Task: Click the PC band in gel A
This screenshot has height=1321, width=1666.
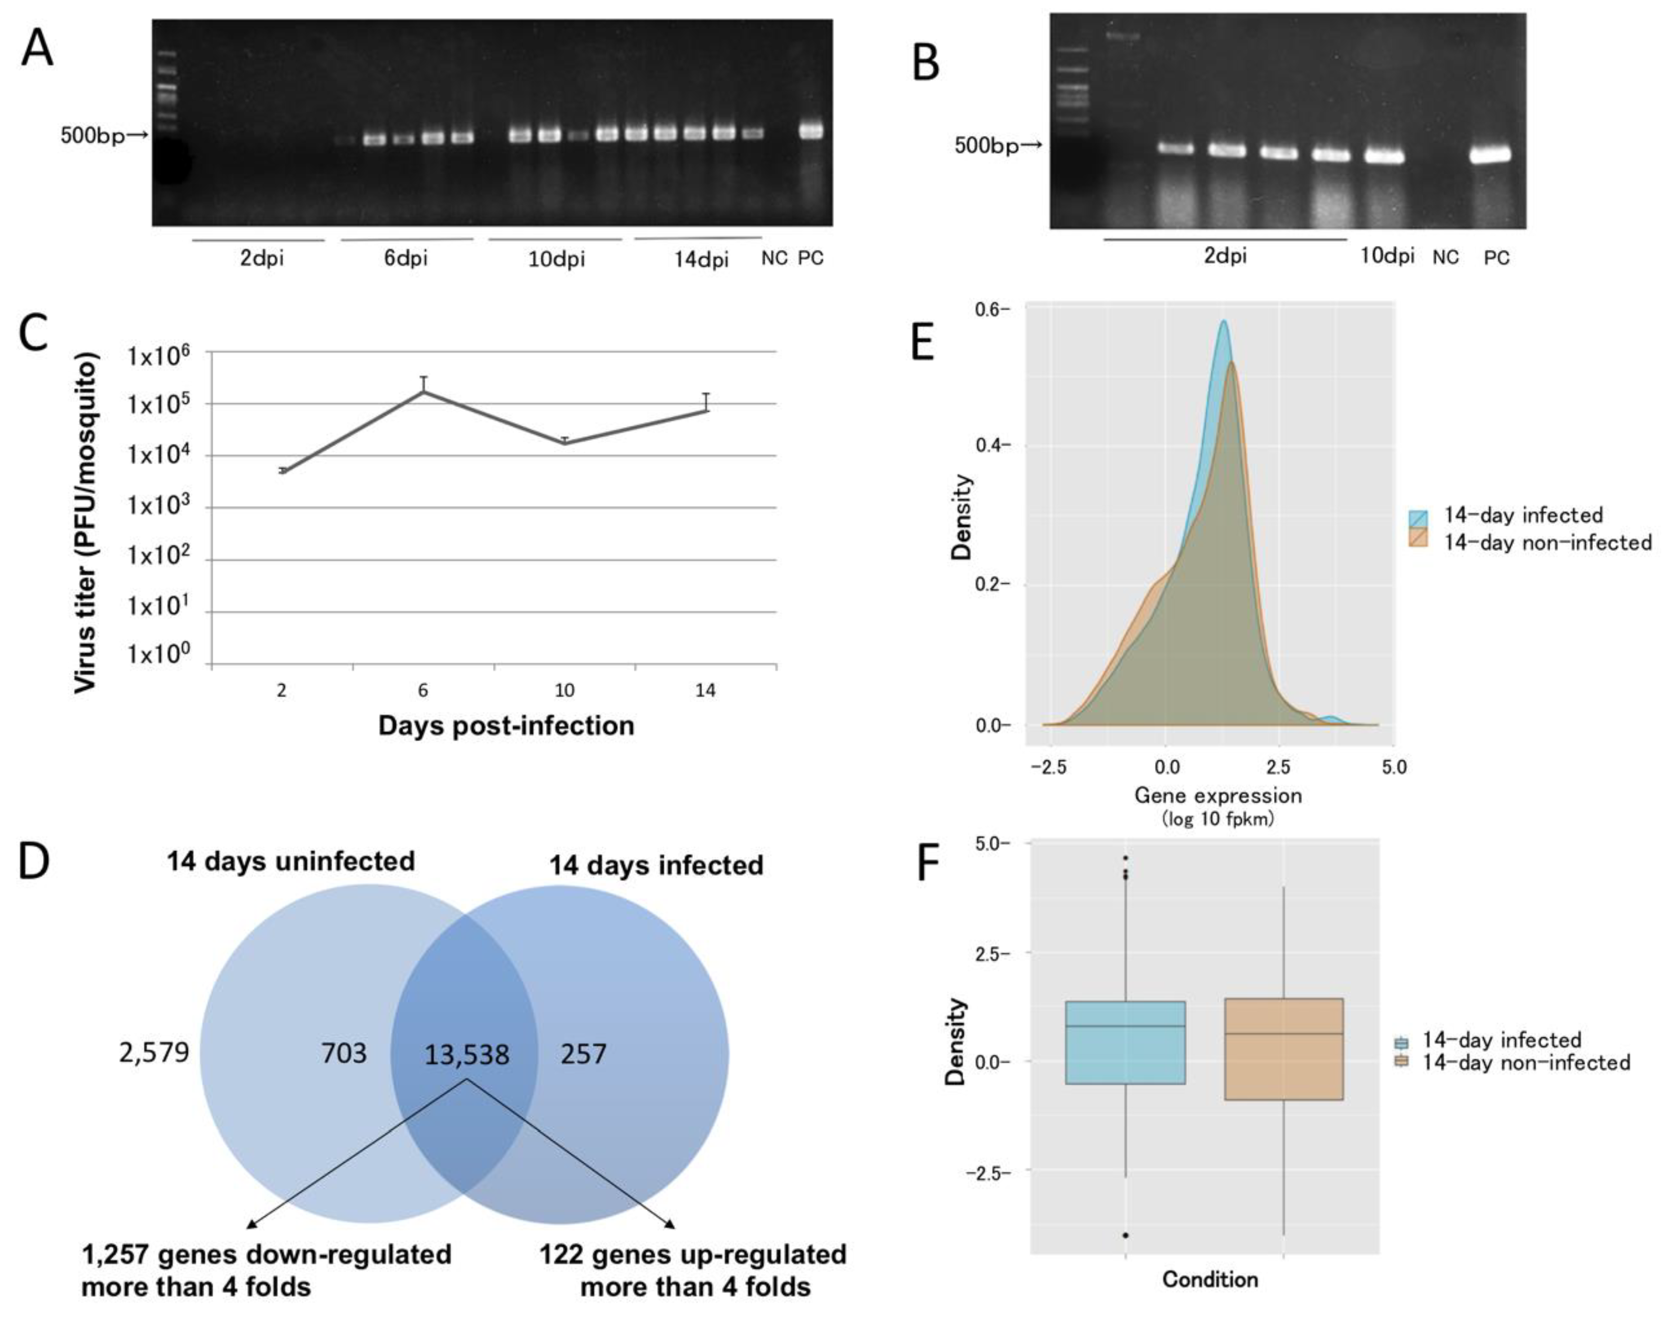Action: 811,131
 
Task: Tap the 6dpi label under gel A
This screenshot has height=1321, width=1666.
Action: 406,258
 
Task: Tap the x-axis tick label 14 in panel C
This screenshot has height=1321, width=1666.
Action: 705,690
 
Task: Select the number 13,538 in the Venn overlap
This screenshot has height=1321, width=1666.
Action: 467,1055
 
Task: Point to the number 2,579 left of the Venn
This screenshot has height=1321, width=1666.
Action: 154,1052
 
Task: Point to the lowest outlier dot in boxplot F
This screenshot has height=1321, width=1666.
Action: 1125,1235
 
